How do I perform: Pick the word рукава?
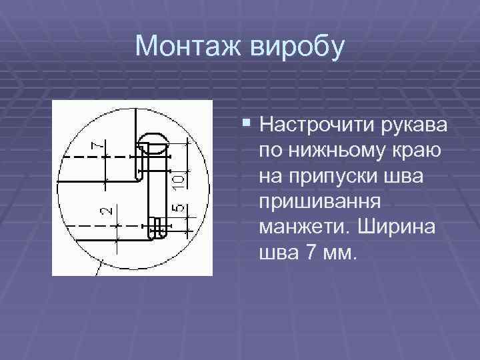[417, 125]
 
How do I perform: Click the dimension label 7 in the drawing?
[98, 144]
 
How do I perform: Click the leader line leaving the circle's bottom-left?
[99, 269]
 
